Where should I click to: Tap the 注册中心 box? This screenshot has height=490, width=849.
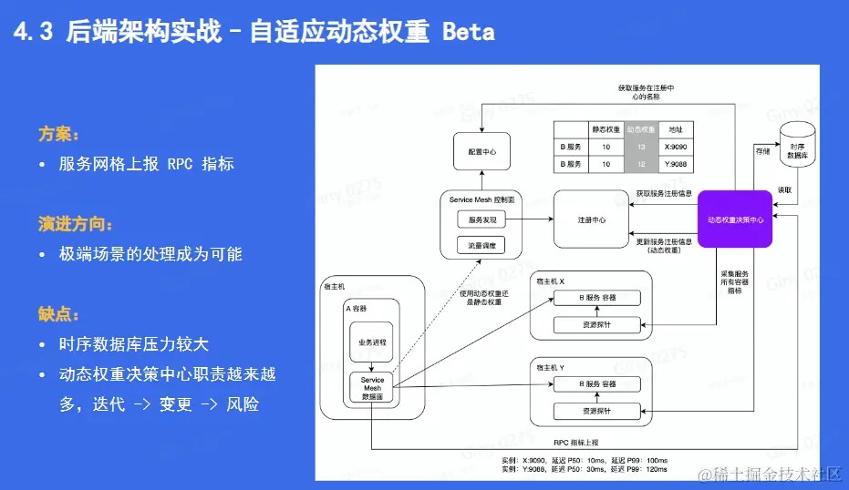coord(591,219)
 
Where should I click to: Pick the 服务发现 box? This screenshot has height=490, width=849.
coord(481,219)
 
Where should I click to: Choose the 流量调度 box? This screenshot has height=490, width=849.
coord(481,244)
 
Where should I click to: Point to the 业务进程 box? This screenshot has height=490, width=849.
coord(371,342)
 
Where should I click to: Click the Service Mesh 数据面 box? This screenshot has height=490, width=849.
coord(372,388)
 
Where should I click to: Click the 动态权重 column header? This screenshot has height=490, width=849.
coord(641,129)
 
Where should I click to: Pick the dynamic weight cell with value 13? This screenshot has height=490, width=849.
coord(641,146)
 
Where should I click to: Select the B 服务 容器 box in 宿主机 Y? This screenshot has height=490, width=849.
coord(597,384)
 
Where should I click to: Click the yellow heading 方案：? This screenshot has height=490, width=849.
coord(57,134)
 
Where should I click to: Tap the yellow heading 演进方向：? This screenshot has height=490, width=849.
coord(76,223)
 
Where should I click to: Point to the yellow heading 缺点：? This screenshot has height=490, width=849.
coord(57,314)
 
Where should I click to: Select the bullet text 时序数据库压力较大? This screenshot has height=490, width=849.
coord(134,344)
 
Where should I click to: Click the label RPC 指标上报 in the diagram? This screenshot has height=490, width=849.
coord(578,442)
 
